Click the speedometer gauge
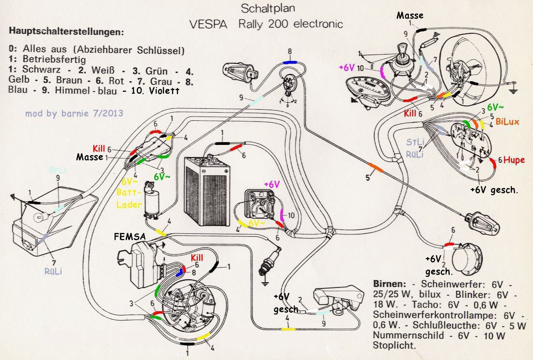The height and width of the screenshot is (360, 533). tap(372, 87)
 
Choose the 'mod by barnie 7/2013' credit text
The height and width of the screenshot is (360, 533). tap(73, 114)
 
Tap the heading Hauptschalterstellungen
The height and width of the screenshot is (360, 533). tap(66, 32)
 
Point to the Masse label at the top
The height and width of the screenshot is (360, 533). tap(410, 15)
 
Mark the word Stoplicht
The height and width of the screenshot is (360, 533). tap(394, 346)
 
